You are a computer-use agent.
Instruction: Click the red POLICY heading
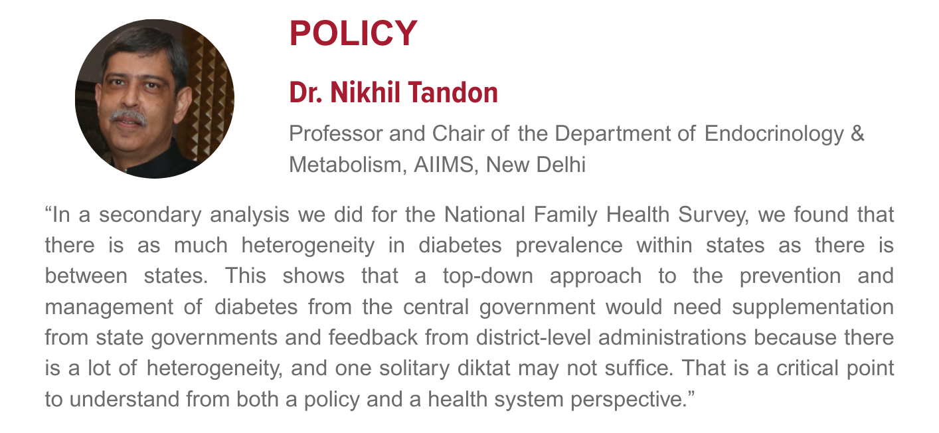[353, 33]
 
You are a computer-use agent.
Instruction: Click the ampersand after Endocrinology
[857, 134]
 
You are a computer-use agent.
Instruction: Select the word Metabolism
[346, 164]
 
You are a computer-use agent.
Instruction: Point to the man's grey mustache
[128, 117]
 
